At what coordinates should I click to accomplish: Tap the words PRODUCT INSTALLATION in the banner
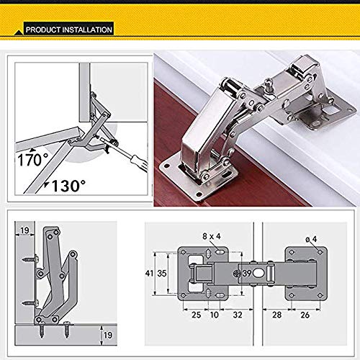point(68,30)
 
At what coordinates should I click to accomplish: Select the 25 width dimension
point(195,315)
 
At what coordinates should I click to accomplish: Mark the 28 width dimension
point(276,315)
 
